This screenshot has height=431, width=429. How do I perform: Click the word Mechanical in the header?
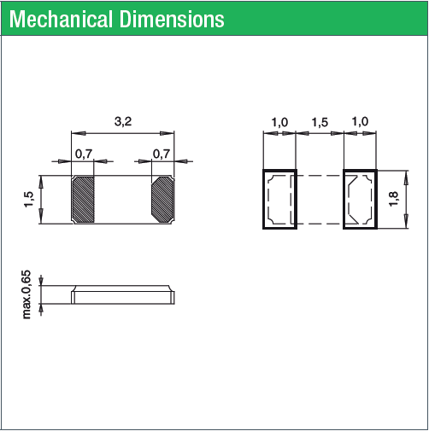61,20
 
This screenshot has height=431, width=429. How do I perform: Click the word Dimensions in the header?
172,20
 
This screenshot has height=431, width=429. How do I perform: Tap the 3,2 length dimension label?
123,122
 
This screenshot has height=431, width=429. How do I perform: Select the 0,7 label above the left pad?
84,154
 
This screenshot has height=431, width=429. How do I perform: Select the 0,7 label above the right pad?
162,154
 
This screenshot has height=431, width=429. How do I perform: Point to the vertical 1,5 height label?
29,200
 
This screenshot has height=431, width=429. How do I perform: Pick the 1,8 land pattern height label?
393,199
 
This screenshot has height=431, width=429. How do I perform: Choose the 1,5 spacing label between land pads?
320,122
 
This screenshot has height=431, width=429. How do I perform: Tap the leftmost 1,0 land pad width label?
279,122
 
